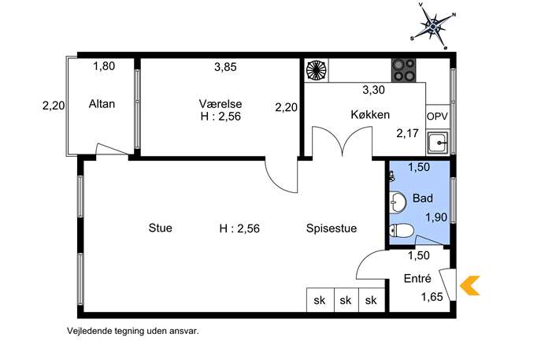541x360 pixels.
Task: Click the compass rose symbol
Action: click(x=433, y=25)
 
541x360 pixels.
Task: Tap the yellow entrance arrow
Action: click(x=470, y=285)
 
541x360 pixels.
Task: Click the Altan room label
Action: click(x=102, y=104)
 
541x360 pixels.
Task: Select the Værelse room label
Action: click(x=220, y=104)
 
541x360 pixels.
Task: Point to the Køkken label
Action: click(x=370, y=114)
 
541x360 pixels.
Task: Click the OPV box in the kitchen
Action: click(x=438, y=117)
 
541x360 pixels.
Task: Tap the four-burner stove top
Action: click(x=403, y=70)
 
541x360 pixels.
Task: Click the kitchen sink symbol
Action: click(x=438, y=143)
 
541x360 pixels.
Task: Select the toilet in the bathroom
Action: click(x=401, y=231)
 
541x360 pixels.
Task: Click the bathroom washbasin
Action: click(x=398, y=201)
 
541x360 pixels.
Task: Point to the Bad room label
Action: click(x=423, y=199)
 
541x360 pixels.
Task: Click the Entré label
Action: click(x=417, y=278)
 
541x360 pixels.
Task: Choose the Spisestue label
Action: click(x=332, y=228)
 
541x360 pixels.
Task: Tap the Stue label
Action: click(x=161, y=228)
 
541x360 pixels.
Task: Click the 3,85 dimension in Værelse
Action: click(x=226, y=67)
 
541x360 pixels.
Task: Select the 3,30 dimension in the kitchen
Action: click(x=374, y=90)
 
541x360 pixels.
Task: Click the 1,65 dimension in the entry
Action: click(x=432, y=297)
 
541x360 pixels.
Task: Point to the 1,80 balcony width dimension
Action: click(x=104, y=66)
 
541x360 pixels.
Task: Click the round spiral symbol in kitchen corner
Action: click(x=316, y=70)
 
